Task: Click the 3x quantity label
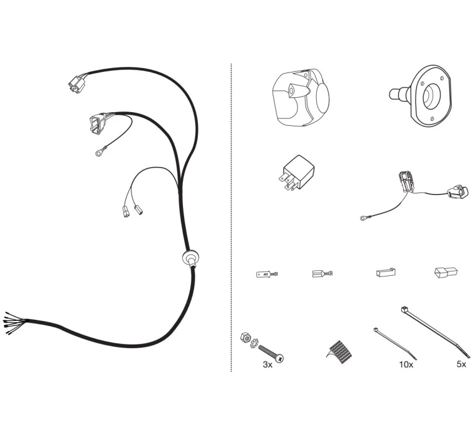268,364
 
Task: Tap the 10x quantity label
406,364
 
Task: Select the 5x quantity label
461,364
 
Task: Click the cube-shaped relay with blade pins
297,173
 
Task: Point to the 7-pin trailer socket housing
301,97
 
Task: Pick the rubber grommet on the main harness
190,258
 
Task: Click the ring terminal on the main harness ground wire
99,154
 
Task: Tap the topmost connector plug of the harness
76,84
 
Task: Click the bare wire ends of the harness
14,323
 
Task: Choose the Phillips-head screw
271,353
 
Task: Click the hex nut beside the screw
245,337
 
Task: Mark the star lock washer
253,343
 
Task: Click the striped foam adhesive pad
339,352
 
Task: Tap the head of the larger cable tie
404,310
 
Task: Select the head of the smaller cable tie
376,330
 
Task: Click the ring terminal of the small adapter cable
363,217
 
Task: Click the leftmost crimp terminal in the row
267,275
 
